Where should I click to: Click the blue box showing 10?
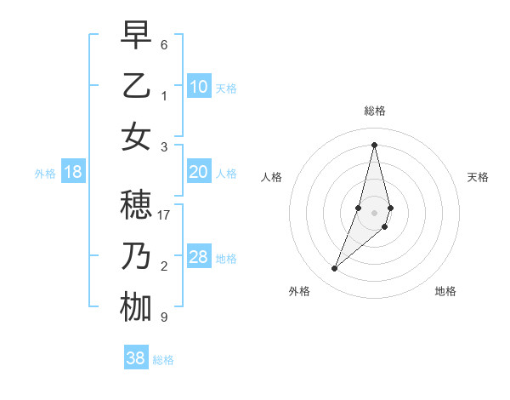pos(199,86)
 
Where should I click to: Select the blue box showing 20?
pos(199,172)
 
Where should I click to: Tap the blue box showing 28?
pos(199,257)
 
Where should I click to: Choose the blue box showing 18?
pos(73,172)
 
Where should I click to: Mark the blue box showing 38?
pos(136,358)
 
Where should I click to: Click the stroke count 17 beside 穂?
pos(165,215)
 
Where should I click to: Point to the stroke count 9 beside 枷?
pos(164,317)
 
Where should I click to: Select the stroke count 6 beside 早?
pos(164,44)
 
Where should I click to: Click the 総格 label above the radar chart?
pos(374,111)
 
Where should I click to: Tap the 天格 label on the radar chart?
pos(478,177)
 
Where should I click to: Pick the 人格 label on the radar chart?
pos(272,177)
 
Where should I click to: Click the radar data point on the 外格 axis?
pos(334,269)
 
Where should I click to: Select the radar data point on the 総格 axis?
pos(374,145)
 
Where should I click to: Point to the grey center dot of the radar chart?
pos(374,212)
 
